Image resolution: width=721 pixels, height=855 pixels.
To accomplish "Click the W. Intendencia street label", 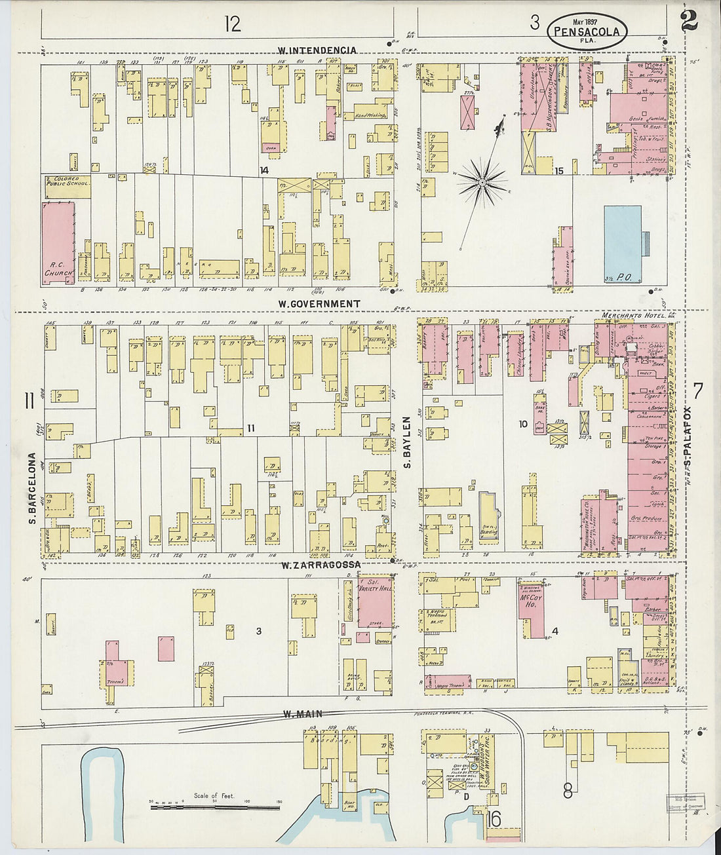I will point(317,50).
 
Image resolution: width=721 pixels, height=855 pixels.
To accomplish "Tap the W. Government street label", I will point(319,303).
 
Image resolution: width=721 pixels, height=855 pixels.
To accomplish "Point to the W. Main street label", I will point(297,715).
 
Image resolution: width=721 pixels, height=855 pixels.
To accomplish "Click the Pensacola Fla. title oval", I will point(587,31).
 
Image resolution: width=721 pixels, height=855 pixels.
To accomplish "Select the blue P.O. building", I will point(622,244).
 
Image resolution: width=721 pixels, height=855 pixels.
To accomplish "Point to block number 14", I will point(263,170).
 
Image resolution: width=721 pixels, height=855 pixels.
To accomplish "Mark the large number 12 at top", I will point(232,24).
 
